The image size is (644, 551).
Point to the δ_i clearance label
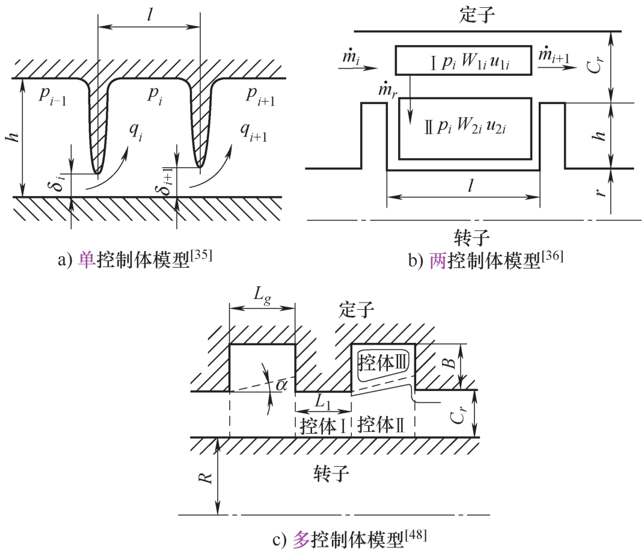point(58,180)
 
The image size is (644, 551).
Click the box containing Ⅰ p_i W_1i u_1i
point(463,60)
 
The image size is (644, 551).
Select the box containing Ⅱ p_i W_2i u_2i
point(465,128)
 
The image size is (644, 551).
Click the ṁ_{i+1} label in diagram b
point(555,55)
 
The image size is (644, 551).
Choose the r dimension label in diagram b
point(625,191)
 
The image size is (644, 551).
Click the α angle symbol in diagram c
point(280,384)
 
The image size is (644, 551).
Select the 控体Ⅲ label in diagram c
point(383,362)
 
